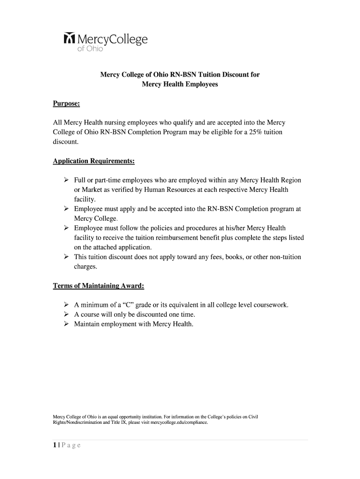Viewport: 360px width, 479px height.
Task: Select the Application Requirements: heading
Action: [94, 161]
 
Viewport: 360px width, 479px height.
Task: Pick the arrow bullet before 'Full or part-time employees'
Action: [65, 180]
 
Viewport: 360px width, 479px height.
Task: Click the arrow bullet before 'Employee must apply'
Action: [65, 209]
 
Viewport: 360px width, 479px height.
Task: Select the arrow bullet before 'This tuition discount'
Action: [65, 257]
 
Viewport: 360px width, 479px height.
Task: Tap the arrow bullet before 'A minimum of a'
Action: [65, 305]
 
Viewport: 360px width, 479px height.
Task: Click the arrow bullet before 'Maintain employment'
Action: [65, 324]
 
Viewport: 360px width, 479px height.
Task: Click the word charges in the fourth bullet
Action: [86, 267]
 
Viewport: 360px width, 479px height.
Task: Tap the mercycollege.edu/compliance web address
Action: [176, 422]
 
